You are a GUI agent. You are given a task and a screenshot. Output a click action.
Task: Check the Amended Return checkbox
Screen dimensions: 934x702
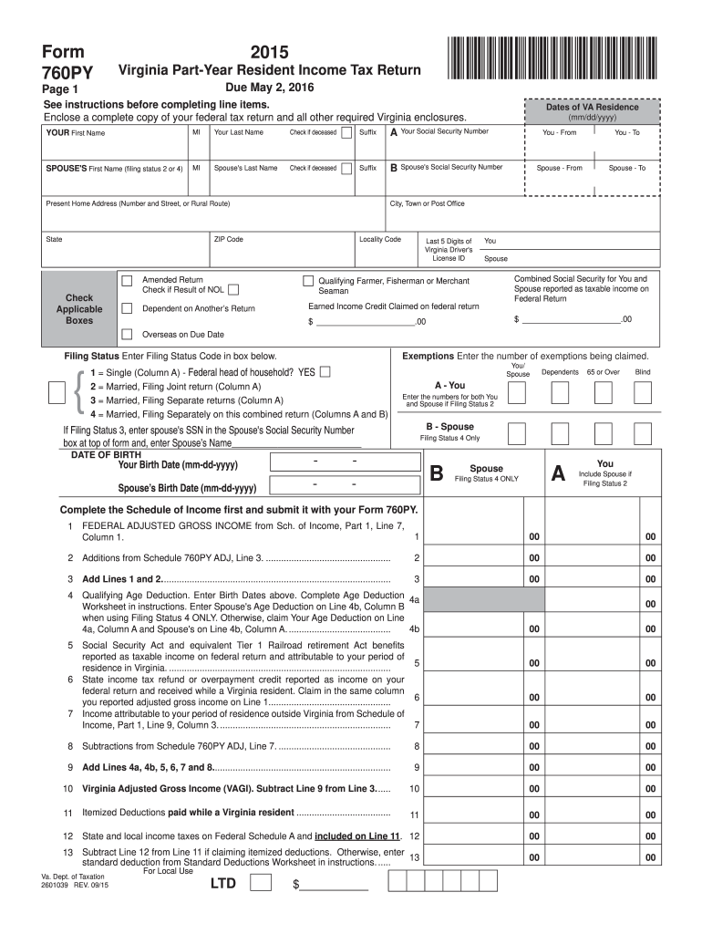click(128, 280)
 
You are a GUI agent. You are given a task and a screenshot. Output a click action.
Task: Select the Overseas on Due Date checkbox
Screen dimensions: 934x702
click(128, 334)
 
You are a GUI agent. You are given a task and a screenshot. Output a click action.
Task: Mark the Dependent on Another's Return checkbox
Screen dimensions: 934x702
click(128, 307)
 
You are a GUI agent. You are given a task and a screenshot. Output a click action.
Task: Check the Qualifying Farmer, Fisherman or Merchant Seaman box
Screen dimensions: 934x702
click(307, 280)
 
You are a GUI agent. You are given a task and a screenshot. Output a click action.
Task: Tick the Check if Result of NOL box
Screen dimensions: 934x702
click(233, 290)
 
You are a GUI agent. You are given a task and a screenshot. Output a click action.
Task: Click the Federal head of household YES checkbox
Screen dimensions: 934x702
click(325, 372)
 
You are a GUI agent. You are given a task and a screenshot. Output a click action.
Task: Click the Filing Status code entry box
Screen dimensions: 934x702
click(57, 393)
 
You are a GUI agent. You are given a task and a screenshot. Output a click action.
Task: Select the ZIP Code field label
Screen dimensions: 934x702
click(228, 239)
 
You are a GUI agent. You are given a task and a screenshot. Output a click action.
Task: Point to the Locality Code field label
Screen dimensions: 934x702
click(380, 239)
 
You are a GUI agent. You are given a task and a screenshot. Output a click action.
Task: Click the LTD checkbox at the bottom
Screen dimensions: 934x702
click(259, 883)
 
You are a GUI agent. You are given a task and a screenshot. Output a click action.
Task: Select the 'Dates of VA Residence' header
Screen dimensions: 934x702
click(592, 107)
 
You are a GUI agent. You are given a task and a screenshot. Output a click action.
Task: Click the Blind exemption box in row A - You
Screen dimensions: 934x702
click(643, 393)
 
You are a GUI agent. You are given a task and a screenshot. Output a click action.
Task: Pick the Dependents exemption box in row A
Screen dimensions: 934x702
click(561, 393)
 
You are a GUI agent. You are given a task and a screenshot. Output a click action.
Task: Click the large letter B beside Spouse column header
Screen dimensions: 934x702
click(437, 473)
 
